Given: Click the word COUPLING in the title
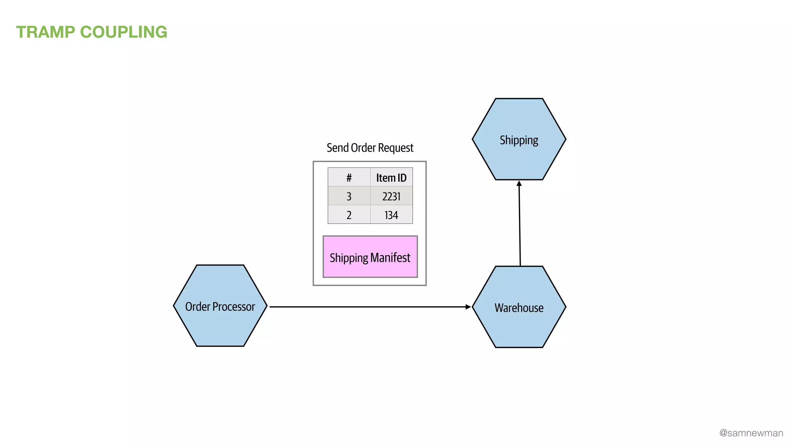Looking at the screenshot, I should point(123,32).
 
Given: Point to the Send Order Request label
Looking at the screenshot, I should point(370,148).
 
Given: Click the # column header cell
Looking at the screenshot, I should point(349,178).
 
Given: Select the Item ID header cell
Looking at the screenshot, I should point(391,178).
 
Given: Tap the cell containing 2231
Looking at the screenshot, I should point(391,196).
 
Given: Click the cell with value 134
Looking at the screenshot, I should point(391,215).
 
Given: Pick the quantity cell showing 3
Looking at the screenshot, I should point(349,196).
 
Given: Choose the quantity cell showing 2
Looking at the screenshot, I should point(349,215).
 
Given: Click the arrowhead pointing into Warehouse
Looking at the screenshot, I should point(468,307).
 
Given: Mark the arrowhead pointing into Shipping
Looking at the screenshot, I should point(519,184).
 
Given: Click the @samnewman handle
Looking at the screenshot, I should point(751,433).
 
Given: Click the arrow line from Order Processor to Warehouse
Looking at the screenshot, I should point(367,307).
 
